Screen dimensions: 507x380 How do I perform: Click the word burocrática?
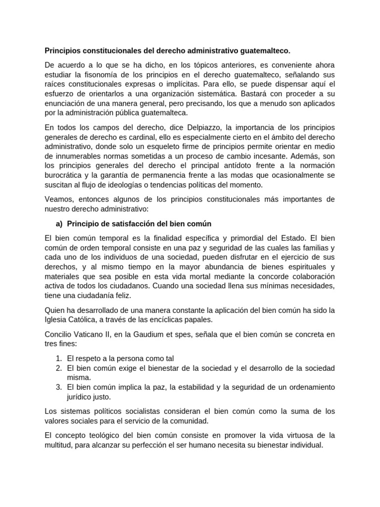coord(66,175)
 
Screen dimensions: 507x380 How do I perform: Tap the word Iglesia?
coord(56,319)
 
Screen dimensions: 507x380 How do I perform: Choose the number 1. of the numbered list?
coord(58,358)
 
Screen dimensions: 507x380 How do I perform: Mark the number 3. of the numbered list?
coord(58,387)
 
